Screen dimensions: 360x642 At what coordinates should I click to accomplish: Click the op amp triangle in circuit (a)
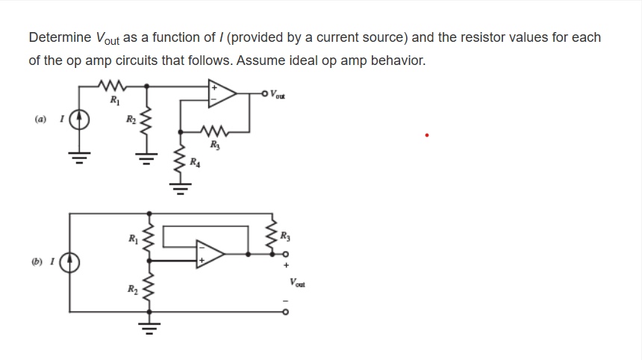(x=222, y=93)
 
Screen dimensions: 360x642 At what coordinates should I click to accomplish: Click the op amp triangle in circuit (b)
(x=209, y=255)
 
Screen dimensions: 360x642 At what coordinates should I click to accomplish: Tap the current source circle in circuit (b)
(x=71, y=263)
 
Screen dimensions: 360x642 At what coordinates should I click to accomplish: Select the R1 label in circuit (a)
(x=114, y=100)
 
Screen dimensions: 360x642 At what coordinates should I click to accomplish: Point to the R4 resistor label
(x=194, y=162)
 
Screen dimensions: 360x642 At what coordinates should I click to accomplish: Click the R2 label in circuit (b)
(x=131, y=289)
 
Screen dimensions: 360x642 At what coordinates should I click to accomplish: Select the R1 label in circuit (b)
(x=132, y=239)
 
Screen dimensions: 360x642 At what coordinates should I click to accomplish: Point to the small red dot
(x=426, y=135)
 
